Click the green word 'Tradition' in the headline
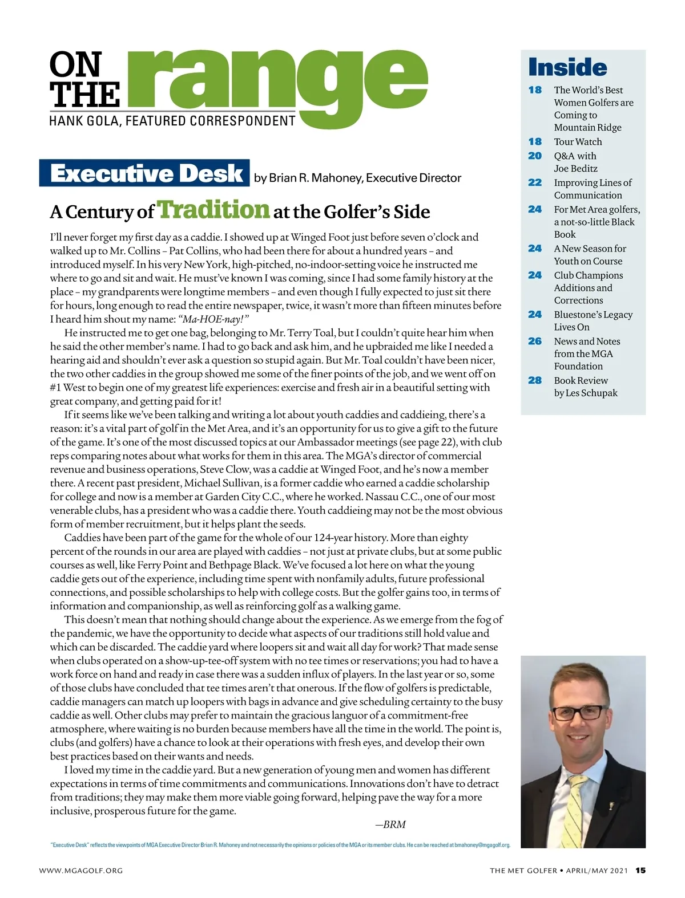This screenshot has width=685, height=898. [x=213, y=209]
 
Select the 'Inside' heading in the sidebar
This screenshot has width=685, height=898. [x=567, y=67]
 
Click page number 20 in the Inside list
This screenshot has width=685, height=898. [x=535, y=156]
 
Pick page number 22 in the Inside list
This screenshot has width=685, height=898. [x=535, y=182]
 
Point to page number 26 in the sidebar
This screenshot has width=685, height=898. [x=535, y=341]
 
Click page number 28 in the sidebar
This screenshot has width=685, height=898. [x=535, y=380]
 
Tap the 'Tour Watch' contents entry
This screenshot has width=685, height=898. [x=578, y=142]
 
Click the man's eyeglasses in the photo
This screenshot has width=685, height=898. [x=577, y=713]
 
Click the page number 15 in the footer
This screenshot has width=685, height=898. [x=640, y=871]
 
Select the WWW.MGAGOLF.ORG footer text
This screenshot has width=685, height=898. [x=81, y=871]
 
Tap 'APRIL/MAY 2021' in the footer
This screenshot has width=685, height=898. [x=597, y=871]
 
